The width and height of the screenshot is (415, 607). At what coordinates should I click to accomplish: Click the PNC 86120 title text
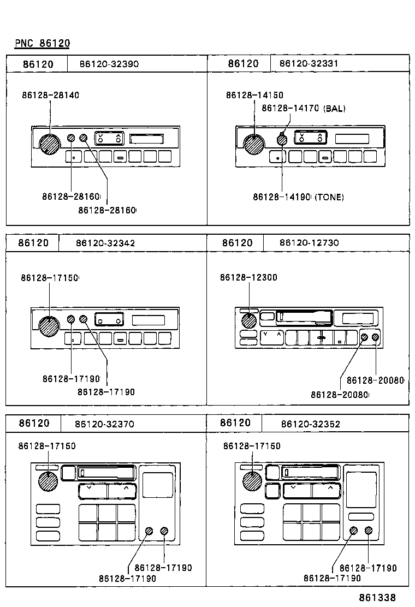click(42, 43)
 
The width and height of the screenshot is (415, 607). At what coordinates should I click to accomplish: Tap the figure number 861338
click(377, 598)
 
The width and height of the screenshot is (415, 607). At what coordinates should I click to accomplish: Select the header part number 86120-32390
click(109, 64)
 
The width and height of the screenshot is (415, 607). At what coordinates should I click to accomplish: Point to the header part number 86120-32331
click(309, 64)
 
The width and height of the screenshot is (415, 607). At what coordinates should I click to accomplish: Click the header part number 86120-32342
click(105, 243)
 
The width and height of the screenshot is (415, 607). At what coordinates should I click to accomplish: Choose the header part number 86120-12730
click(309, 242)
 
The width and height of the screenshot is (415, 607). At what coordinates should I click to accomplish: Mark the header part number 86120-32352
click(311, 424)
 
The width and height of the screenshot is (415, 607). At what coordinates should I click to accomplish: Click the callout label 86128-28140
click(51, 95)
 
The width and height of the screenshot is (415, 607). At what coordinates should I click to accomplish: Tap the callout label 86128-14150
click(254, 96)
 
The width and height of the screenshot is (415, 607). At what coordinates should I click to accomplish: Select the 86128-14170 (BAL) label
click(303, 109)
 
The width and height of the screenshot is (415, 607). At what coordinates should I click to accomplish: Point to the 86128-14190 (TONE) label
click(298, 197)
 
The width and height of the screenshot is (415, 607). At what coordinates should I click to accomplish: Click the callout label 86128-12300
click(248, 277)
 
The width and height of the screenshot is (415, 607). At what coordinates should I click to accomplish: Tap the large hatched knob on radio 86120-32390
click(49, 144)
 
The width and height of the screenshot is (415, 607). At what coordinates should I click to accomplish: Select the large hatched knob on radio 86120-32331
click(254, 144)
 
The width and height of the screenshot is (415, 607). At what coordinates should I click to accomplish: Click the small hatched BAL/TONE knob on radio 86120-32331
click(282, 140)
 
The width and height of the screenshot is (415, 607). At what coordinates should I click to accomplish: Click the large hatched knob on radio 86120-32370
click(48, 481)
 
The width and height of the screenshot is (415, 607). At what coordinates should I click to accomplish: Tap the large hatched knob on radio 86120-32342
click(49, 326)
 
